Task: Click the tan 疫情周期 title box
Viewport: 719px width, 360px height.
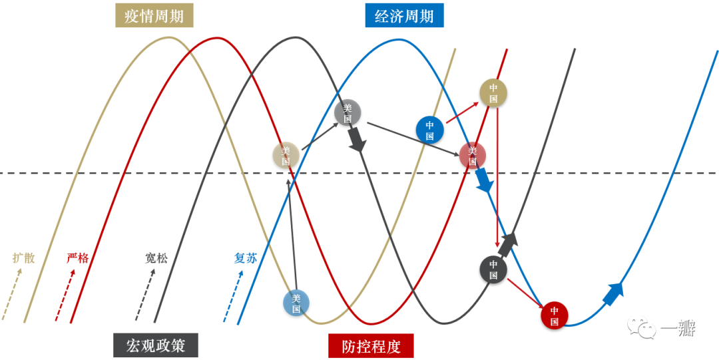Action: coord(154,15)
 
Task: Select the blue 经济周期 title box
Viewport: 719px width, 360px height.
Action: coord(404,15)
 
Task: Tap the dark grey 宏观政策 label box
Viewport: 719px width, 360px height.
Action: coord(156,345)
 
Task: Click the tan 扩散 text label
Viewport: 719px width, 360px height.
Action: coord(24,258)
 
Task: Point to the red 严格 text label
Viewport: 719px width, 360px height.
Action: coord(77,258)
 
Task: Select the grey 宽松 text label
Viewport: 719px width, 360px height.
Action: coord(156,258)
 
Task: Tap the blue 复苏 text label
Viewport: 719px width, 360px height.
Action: coord(245,258)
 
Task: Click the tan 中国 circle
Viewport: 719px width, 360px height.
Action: coord(493,93)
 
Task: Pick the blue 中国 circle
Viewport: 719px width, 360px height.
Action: coord(429,129)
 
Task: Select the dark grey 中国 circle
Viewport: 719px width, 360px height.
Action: coord(493,269)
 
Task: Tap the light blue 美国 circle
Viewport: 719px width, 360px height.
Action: coord(296,303)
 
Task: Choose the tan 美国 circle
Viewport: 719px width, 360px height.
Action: coord(286,156)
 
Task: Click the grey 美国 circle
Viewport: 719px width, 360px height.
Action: coord(347,113)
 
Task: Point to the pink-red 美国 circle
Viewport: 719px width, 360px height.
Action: coord(472,155)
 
